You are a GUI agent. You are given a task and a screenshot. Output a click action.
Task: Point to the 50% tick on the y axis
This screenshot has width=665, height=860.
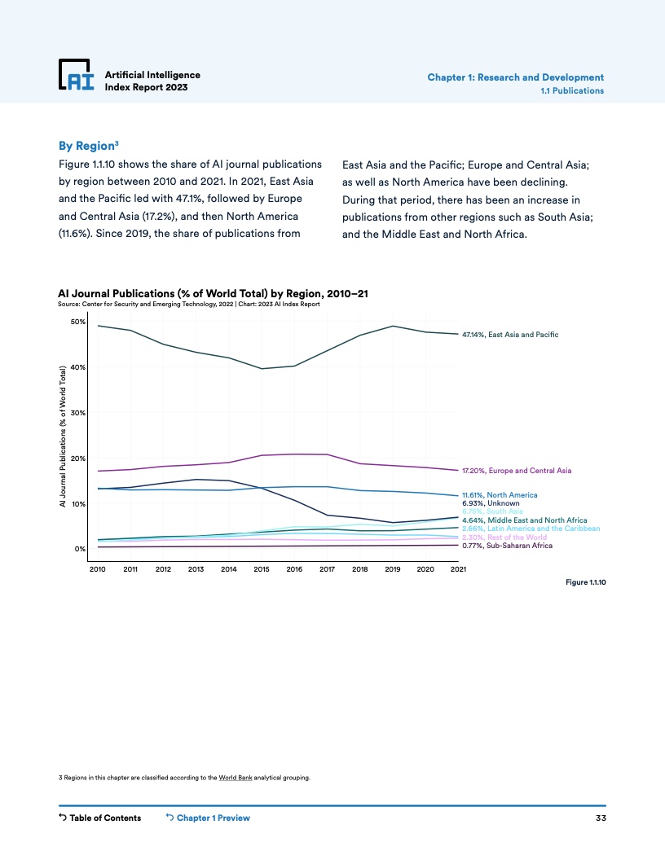78,322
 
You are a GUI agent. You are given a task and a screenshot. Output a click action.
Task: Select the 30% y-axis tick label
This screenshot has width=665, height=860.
78,413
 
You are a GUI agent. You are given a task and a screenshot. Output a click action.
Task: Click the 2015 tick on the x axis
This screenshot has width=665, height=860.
262,569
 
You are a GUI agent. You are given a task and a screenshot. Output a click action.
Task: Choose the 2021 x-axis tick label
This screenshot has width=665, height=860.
458,569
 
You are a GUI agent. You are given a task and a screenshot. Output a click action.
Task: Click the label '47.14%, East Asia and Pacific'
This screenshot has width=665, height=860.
510,335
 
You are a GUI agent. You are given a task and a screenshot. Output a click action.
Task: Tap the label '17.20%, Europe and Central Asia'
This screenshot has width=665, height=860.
517,471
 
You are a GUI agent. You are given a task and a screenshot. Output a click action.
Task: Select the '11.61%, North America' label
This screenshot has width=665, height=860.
500,494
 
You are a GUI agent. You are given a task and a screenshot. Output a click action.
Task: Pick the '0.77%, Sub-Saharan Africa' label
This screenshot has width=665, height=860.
507,546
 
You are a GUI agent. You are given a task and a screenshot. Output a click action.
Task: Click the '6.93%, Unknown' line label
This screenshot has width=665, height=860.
491,503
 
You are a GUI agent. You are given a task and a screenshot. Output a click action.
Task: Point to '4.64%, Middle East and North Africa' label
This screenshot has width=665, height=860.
524,520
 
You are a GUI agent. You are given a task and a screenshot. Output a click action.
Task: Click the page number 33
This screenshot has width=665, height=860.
600,818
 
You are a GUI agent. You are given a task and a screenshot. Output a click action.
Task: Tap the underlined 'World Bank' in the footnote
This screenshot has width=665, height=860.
236,778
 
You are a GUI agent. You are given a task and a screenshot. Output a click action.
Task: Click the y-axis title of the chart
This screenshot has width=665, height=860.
63,437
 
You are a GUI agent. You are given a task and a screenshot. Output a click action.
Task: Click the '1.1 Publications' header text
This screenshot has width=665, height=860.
572,90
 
